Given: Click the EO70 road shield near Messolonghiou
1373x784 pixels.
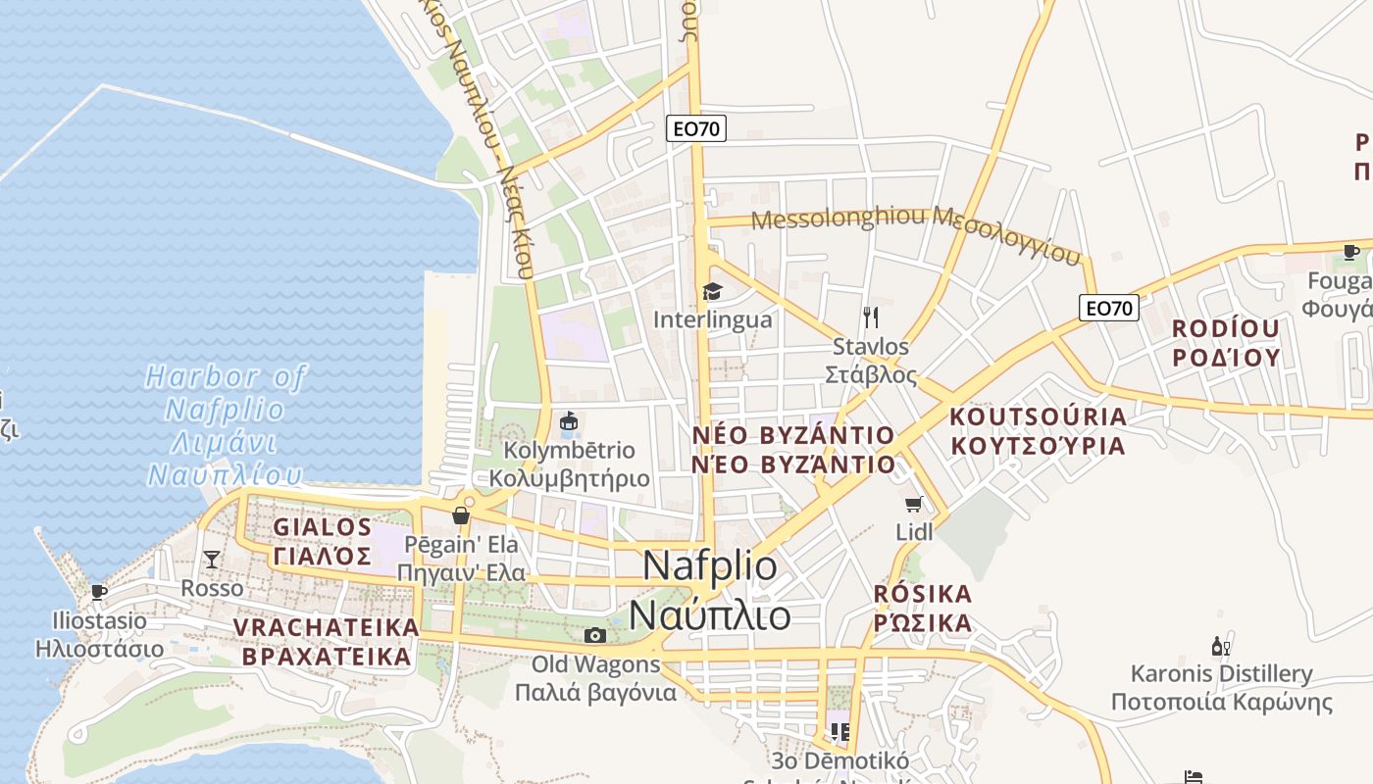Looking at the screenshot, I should click(696, 127).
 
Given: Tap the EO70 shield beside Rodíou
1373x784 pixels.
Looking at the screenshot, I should click(1110, 308).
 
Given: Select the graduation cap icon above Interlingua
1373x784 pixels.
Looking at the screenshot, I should click(712, 291).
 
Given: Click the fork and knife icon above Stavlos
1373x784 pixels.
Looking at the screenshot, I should click(870, 317).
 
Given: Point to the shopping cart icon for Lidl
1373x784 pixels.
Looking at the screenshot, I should click(914, 505).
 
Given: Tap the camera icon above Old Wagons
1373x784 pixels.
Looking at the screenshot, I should click(594, 635).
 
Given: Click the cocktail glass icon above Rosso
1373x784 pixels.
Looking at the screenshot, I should click(212, 560).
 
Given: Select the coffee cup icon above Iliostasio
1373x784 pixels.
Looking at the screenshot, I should click(98, 592).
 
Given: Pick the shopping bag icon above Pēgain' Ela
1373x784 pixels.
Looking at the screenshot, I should click(461, 515).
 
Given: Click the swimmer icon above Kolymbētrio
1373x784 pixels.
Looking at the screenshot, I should click(567, 422).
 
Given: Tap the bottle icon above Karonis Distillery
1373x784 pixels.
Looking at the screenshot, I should click(1221, 646).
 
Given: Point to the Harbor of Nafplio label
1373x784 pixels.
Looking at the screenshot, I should click(225, 425).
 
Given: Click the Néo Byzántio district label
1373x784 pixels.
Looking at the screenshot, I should click(792, 450).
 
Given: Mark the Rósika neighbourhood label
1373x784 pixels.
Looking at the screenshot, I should click(923, 609).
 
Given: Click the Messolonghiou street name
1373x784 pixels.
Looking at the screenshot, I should click(916, 232).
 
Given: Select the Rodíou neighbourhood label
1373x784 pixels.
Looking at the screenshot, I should click(1226, 342).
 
